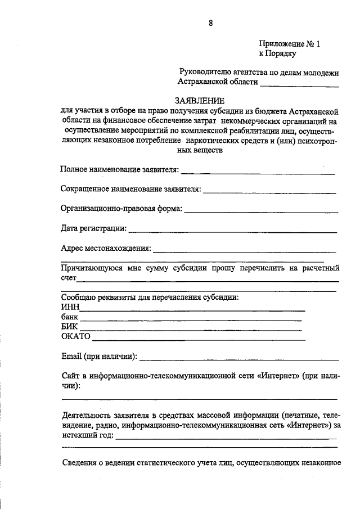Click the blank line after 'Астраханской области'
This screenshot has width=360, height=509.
click(x=299, y=85)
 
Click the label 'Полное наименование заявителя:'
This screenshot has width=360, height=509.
click(x=120, y=169)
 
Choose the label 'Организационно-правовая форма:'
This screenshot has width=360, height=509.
click(x=121, y=209)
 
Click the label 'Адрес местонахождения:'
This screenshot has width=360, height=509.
click(x=106, y=248)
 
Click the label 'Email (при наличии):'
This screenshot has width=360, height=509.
click(x=99, y=356)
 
